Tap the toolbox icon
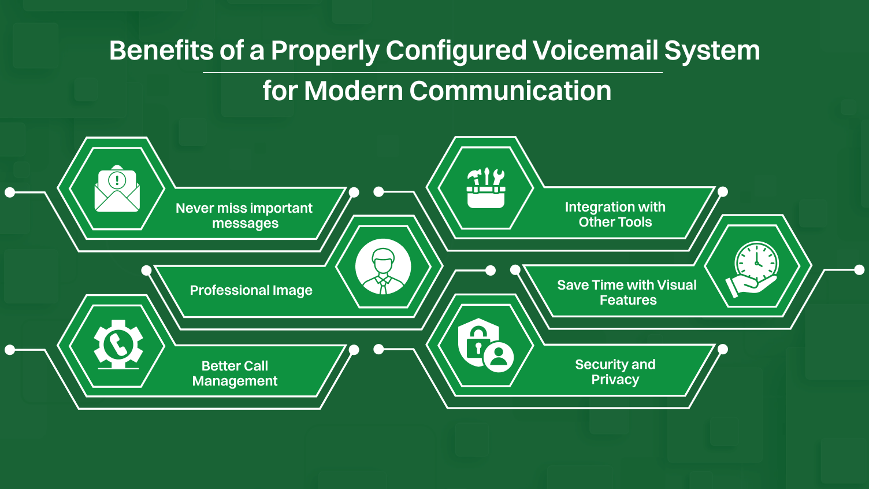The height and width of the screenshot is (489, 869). tap(486, 188)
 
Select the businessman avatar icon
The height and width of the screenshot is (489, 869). tap(383, 267)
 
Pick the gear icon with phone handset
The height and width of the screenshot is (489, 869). tap(118, 345)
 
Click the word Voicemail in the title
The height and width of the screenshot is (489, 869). tap(595, 50)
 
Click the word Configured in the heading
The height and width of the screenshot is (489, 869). tap(456, 50)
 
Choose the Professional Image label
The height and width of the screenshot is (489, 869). tap(251, 290)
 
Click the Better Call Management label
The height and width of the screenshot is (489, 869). tap(235, 373)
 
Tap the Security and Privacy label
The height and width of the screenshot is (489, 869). tap(615, 372)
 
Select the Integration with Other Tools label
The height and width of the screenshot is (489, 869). tap(615, 214)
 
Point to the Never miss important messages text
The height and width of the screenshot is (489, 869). tap(244, 216)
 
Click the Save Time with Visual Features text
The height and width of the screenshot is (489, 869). tap(627, 292)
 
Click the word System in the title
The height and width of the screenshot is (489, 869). tap(712, 50)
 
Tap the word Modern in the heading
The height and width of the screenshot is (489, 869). tap(352, 91)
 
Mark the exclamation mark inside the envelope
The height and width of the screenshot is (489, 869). tap(117, 180)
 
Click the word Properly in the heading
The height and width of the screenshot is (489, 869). tap(325, 50)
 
